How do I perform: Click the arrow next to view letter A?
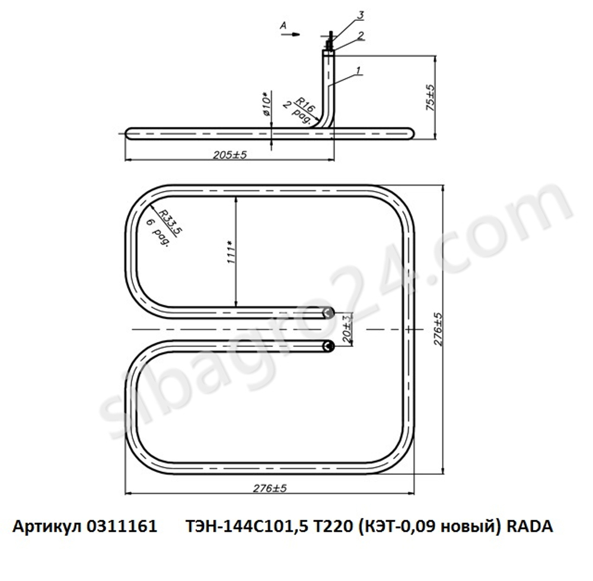[292, 34]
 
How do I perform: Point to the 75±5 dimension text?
[431, 98]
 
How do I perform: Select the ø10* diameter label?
[266, 104]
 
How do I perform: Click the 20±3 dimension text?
[348, 329]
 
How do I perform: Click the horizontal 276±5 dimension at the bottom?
[270, 489]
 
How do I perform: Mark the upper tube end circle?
[327, 313]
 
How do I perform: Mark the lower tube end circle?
[327, 347]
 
